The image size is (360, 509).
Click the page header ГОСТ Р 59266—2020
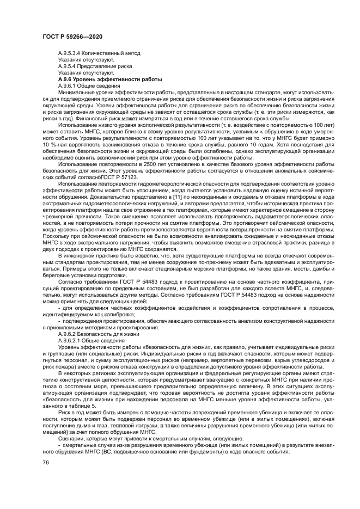[x=72, y=37]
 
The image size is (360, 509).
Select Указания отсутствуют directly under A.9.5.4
[x=86, y=72]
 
